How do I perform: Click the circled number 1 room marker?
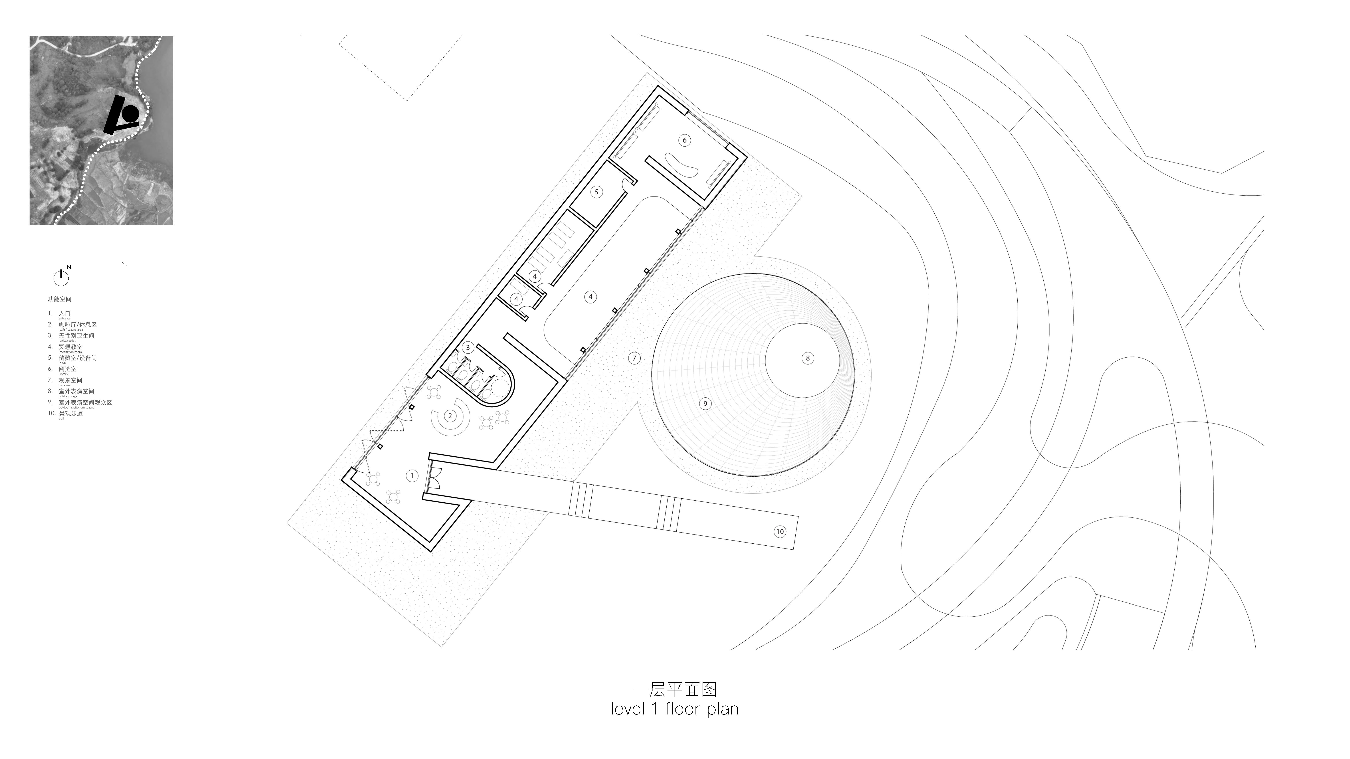[x=412, y=476]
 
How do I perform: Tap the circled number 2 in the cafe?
[x=450, y=416]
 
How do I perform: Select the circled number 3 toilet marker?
[x=468, y=347]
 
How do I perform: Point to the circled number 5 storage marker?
[x=596, y=192]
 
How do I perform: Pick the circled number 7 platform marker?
[x=634, y=358]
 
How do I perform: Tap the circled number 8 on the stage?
[x=808, y=358]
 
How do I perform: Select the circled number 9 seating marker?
[x=705, y=403]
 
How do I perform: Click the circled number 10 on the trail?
[x=780, y=532]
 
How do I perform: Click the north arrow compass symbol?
[x=61, y=278]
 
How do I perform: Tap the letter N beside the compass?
[x=69, y=267]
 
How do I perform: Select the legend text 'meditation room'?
[x=70, y=352]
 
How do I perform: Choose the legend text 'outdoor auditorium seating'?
[x=77, y=408]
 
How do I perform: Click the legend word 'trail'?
[x=61, y=419]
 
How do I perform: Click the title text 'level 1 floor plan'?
[x=675, y=709]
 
